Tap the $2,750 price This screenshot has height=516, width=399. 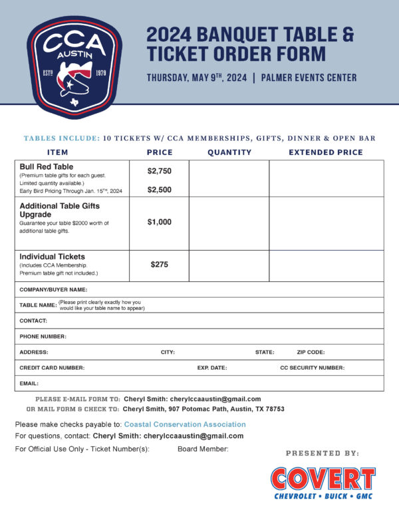tap(159, 171)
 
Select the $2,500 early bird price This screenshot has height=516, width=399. tap(159, 190)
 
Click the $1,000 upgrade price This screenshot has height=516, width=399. tap(159, 222)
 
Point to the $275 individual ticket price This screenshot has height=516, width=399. tap(159, 265)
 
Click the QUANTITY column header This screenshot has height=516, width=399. tap(229, 152)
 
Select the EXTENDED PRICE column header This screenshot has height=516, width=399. tap(326, 152)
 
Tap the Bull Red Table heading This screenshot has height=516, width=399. tap(47, 166)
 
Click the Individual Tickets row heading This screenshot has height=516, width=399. tap(52, 257)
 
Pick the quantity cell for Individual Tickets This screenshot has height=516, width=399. tap(229, 265)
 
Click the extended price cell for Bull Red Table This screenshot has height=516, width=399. tap(326, 178)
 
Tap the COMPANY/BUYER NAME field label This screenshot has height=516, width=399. tap(53, 290)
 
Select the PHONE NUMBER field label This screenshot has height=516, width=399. tap(43, 336)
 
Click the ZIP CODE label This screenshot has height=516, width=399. tap(311, 352)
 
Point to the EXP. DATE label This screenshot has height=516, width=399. tap(212, 368)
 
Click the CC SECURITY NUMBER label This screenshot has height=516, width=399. tap(312, 368)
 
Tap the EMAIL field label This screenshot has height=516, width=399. tap(29, 383)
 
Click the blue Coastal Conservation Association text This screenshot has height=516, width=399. tap(185, 424)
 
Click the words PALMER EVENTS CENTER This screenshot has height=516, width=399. tap(309, 78)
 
